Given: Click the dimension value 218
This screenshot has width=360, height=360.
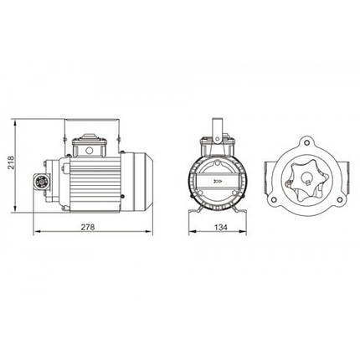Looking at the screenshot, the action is pyautogui.click(x=11, y=162).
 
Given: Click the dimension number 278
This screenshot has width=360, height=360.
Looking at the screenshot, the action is pyautogui.click(x=88, y=228).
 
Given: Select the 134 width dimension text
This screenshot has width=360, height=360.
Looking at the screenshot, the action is pyautogui.click(x=221, y=228).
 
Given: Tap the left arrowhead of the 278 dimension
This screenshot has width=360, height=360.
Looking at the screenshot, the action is pyautogui.click(x=37, y=232).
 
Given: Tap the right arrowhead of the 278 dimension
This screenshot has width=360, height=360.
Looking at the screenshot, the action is pyautogui.click(x=149, y=232).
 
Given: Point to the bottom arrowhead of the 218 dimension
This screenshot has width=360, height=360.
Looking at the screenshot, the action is pyautogui.click(x=15, y=208).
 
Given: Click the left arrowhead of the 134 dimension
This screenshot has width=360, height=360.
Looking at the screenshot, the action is pyautogui.click(x=193, y=232).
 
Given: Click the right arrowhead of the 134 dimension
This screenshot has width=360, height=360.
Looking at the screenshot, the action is pyautogui.click(x=243, y=232).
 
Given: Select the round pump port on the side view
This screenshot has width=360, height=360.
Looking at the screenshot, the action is pyautogui.click(x=42, y=182).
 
